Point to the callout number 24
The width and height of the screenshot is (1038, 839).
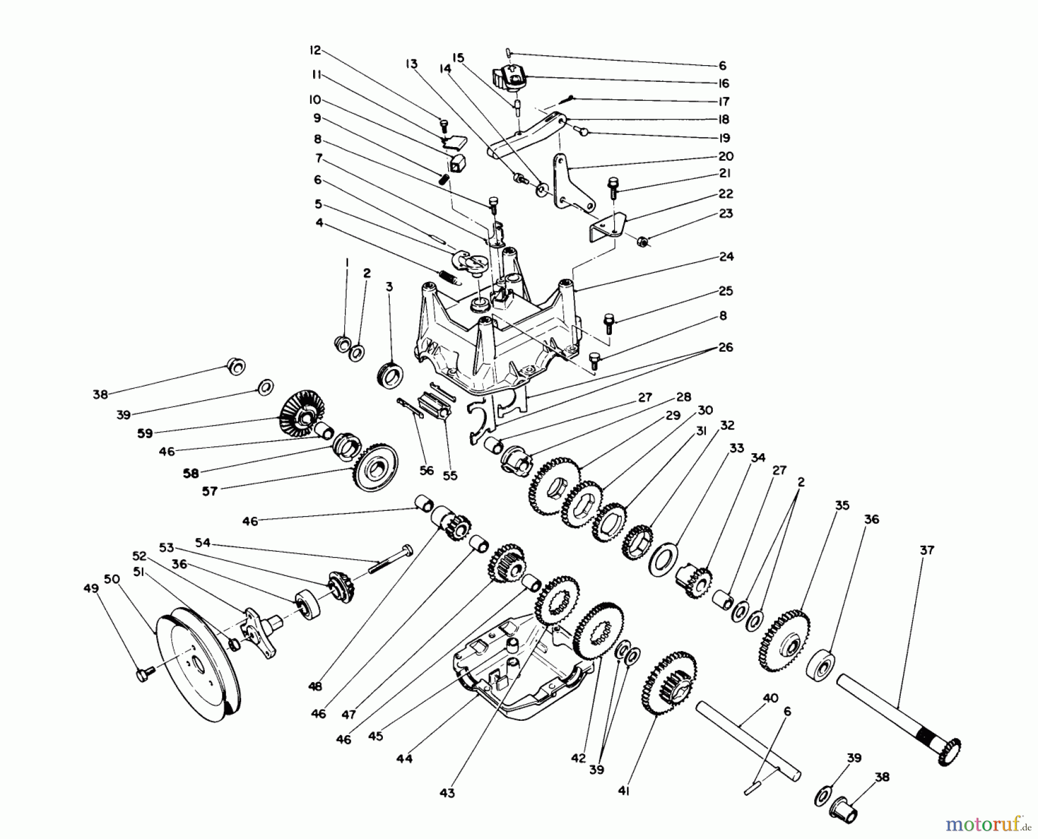727,257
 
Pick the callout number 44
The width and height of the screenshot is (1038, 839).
404,759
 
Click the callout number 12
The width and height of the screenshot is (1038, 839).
315,50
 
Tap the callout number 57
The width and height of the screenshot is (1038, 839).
209,492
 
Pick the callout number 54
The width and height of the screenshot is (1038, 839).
203,543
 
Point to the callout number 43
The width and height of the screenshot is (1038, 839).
447,793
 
